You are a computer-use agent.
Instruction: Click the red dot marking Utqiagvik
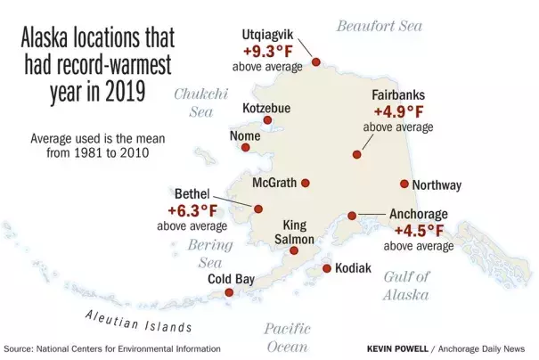(x=315, y=62)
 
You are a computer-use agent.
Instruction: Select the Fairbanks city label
(x=398, y=95)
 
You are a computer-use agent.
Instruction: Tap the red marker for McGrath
(x=306, y=183)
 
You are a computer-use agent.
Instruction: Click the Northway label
(x=437, y=185)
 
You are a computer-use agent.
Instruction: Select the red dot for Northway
(x=404, y=184)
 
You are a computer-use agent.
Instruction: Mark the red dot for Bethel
(x=259, y=209)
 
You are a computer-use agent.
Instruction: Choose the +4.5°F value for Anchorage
(x=418, y=230)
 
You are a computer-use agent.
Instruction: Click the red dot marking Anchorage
(x=353, y=216)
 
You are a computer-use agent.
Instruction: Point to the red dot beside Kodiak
(x=327, y=268)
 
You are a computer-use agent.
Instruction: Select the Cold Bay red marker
(x=229, y=292)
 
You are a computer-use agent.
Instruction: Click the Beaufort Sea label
(x=379, y=26)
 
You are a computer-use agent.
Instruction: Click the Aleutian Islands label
(x=138, y=321)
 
